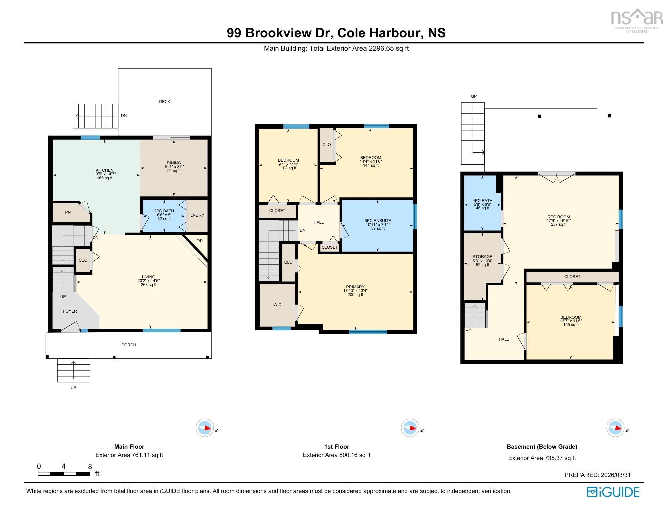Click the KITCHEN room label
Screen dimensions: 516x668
(x=105, y=170)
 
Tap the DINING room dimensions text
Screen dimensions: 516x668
(x=174, y=167)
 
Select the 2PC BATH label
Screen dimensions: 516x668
(x=164, y=211)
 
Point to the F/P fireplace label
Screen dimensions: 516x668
(x=199, y=241)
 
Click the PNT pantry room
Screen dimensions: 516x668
(x=69, y=212)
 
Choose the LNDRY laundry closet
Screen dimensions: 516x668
(x=197, y=215)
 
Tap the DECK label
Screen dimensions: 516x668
(x=165, y=102)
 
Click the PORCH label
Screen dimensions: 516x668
(x=129, y=345)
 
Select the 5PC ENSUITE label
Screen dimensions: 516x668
(x=378, y=221)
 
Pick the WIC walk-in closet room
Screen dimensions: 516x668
(x=277, y=305)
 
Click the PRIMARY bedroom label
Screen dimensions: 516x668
(x=355, y=287)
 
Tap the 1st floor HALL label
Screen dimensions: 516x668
(x=318, y=222)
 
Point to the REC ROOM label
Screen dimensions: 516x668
(x=558, y=217)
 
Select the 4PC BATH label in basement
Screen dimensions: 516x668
(x=482, y=201)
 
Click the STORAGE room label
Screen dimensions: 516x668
(x=482, y=257)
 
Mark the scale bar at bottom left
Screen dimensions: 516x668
(x=64, y=474)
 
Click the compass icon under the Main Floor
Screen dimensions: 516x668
(x=205, y=428)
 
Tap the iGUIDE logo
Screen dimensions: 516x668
(x=613, y=492)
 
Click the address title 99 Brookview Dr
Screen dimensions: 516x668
(x=336, y=33)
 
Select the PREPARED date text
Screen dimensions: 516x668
(x=597, y=475)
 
